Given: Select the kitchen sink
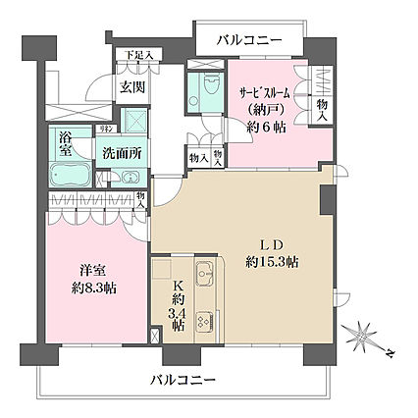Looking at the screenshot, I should coord(204,274).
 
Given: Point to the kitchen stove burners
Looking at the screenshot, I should coord(203,322).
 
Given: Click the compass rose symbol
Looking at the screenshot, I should coord(367,338).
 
